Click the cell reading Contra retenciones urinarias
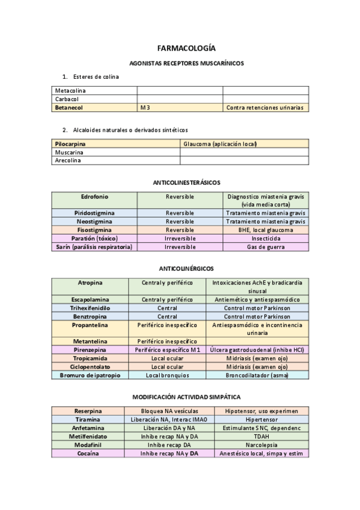tap(265, 108)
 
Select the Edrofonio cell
tap(94, 197)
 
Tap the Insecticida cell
tap(265, 238)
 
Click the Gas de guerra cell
tap(265, 247)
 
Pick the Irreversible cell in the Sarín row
tap(180, 247)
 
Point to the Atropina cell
tap(90, 283)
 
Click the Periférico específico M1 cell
tap(167, 349)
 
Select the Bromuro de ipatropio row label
tap(90, 375)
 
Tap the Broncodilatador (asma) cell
tap(257, 375)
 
